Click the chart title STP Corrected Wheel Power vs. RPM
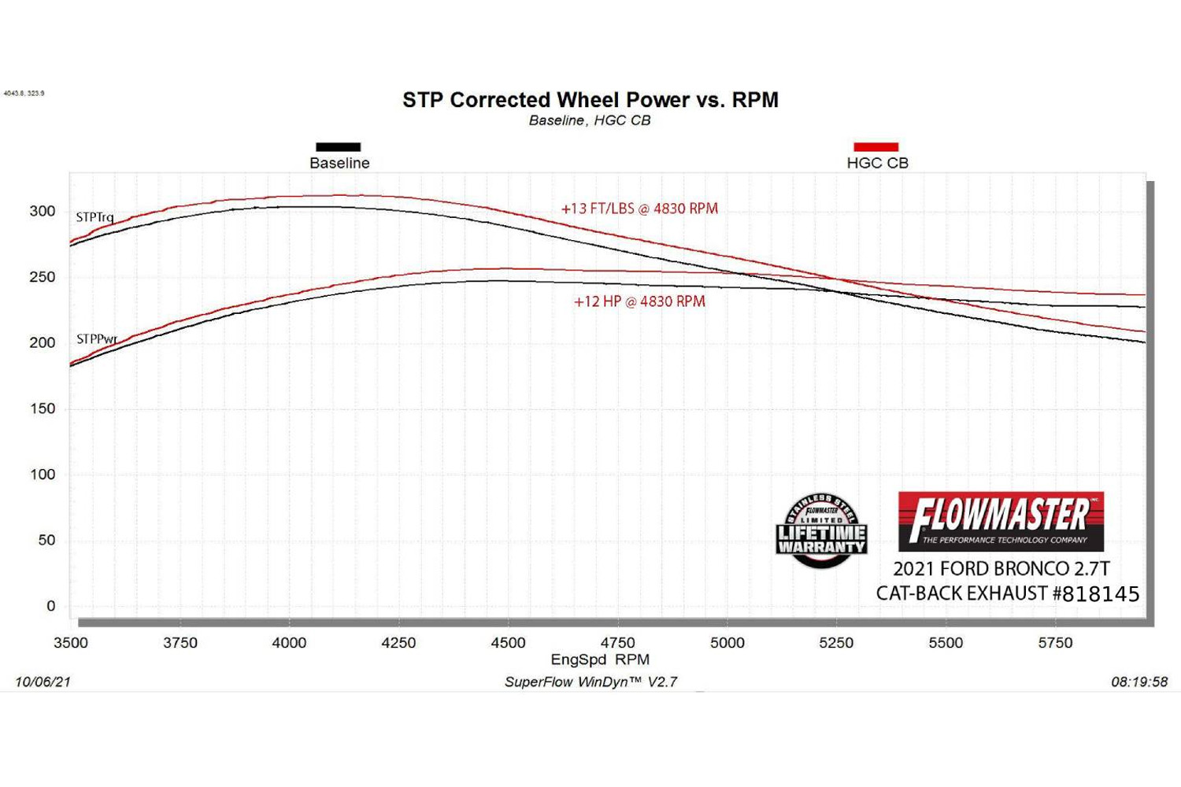pos(590,100)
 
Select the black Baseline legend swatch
pos(339,147)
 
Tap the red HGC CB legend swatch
pos(876,147)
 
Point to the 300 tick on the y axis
pos(43,211)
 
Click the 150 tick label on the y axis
pos(43,408)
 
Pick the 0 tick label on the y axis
pos(51,606)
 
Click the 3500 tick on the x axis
pos(71,643)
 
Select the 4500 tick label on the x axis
pos(508,643)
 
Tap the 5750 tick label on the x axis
pos(1055,643)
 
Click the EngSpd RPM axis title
pos(600,660)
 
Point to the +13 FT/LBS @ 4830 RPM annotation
pos(639,209)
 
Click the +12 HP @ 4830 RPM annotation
pos(639,301)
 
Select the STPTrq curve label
pos(95,217)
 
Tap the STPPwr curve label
pos(97,339)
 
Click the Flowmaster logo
pos(1001,521)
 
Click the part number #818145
pos(1096,593)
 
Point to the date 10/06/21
pos(43,682)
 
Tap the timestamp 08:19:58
pos(1139,682)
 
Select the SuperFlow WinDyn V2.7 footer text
pos(590,682)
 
